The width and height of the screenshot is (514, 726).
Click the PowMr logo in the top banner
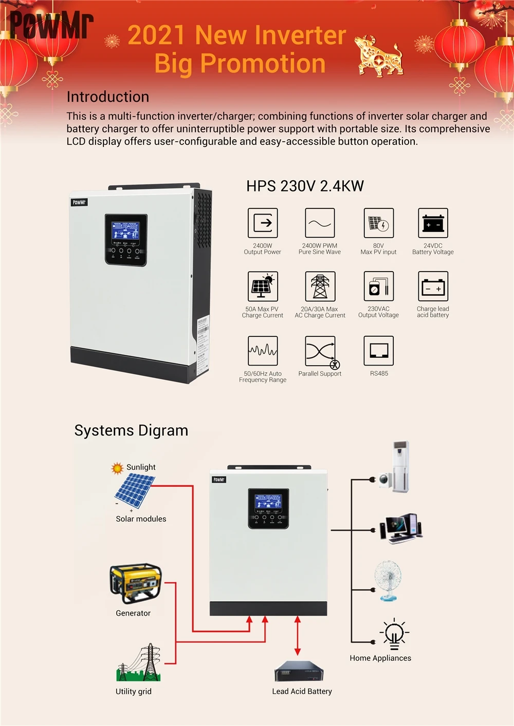51,25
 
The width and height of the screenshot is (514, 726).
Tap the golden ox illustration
379,56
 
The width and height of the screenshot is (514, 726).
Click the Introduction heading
108,97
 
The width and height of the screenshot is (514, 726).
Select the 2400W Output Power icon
263,223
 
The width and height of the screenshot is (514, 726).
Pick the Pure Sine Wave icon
320,223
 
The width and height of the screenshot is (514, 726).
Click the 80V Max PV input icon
379,223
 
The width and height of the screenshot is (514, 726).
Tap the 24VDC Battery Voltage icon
433,223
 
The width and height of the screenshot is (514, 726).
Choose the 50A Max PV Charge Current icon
263,286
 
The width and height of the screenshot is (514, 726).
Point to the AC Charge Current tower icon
320,286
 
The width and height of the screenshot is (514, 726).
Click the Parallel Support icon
320,352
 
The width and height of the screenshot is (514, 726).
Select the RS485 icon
379,350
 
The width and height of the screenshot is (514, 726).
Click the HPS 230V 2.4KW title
305,186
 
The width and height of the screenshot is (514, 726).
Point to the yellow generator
135,583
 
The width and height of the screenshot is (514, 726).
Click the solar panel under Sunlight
134,490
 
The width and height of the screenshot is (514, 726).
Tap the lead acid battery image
299,672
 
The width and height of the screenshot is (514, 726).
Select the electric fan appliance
388,580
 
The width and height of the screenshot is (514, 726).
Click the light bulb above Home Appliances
394,634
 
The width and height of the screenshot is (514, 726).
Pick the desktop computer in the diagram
401,528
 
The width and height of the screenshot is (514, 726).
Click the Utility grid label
134,691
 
